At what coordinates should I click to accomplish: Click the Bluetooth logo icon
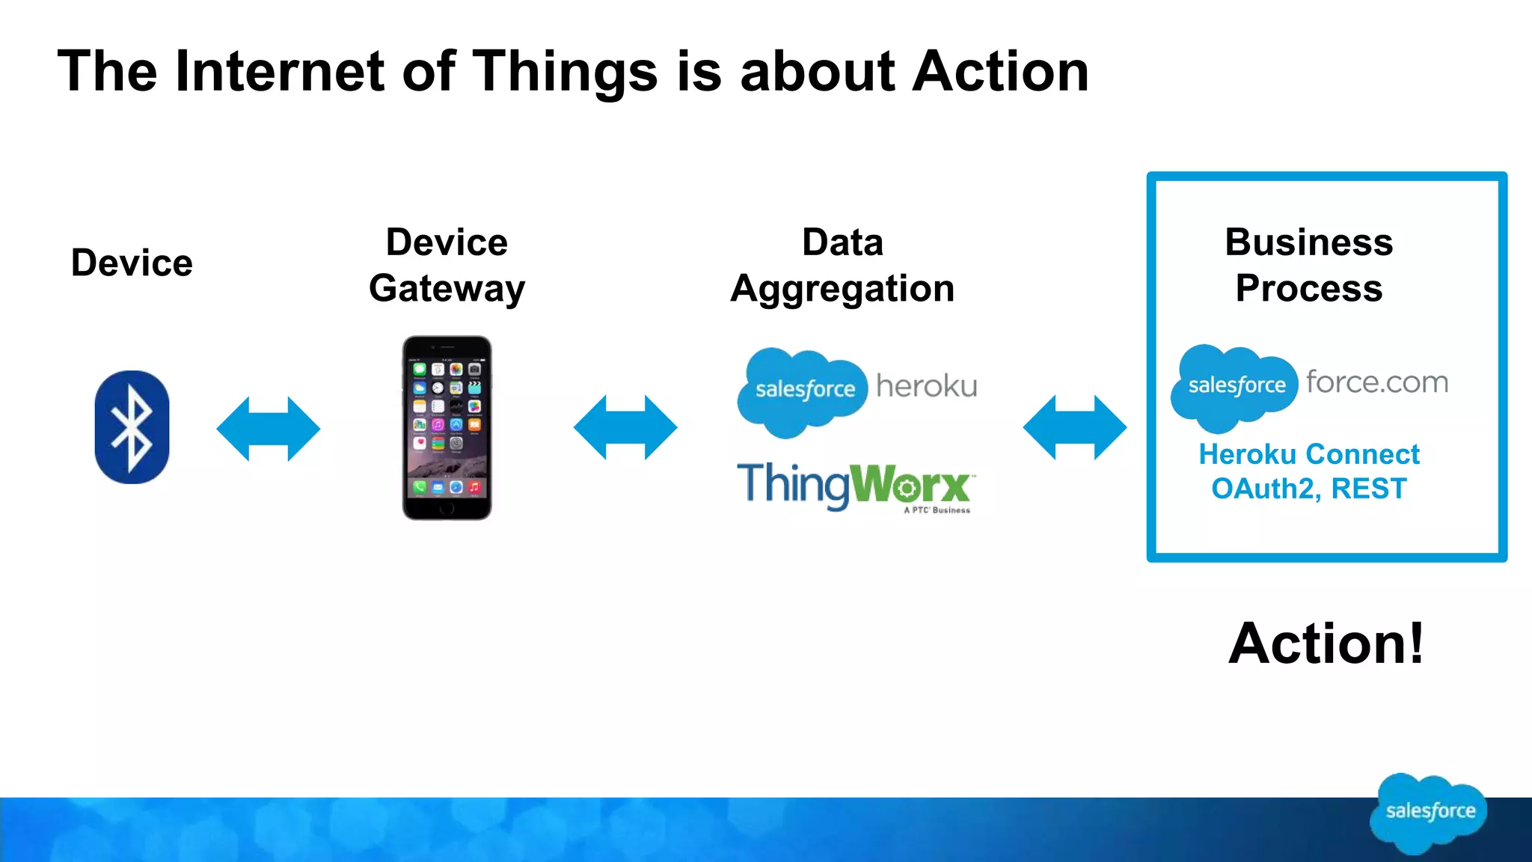pos(132,427)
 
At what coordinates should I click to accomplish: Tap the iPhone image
pos(447,427)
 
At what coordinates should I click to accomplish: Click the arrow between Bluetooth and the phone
pos(268,429)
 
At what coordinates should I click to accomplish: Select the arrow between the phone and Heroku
pos(625,427)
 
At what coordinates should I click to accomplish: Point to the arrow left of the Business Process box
pos(1074,427)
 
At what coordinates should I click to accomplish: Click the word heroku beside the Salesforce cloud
pos(926,386)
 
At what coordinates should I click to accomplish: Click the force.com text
pos(1376,382)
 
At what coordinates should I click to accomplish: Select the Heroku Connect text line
pos(1308,454)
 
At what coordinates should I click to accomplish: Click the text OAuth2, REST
pos(1308,489)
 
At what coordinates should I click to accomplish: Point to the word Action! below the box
pos(1326,644)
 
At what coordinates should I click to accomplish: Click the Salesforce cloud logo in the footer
pos(1429,813)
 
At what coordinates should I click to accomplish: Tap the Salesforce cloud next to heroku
pos(802,391)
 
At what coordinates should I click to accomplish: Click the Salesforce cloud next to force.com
pos(1234,387)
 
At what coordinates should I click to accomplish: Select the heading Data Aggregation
pos(842,265)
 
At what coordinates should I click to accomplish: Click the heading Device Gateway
pos(447,265)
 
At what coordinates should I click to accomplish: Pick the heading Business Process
pos(1308,265)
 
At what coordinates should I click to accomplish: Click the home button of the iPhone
pos(447,508)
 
